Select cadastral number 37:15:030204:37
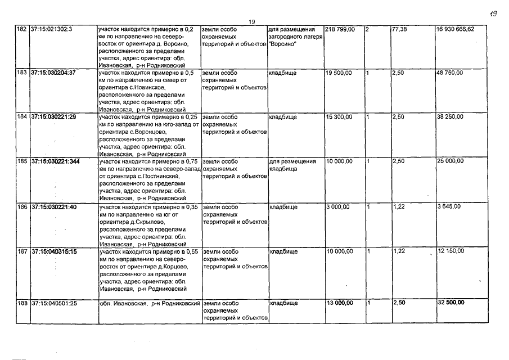pyautogui.click(x=53, y=73)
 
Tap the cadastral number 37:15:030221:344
pyautogui.click(x=55, y=162)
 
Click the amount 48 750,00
pyautogui.click(x=450, y=73)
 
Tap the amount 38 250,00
pyautogui.click(x=450, y=117)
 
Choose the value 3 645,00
pyautogui.click(x=448, y=207)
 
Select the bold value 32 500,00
pyautogui.click(x=451, y=303)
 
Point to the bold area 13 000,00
pyautogui.click(x=340, y=303)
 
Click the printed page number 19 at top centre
pyautogui.click(x=252, y=22)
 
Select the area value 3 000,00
pyautogui.click(x=337, y=207)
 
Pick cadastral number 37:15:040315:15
pyautogui.click(x=54, y=251)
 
